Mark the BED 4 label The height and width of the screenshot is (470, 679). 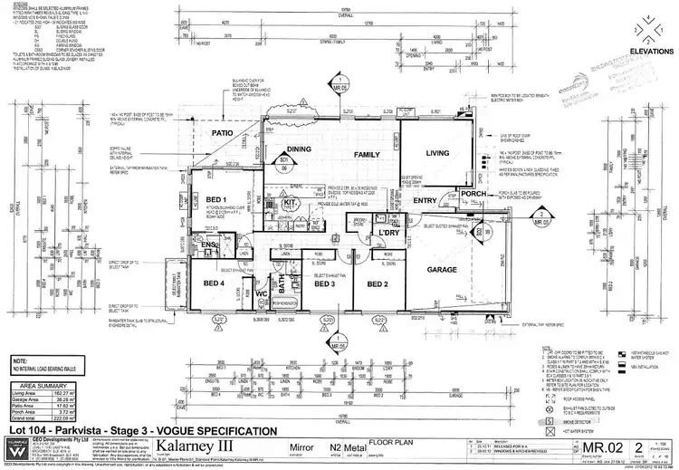[x=215, y=283]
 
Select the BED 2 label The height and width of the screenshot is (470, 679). [x=378, y=283]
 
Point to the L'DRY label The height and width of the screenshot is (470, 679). [x=389, y=234]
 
